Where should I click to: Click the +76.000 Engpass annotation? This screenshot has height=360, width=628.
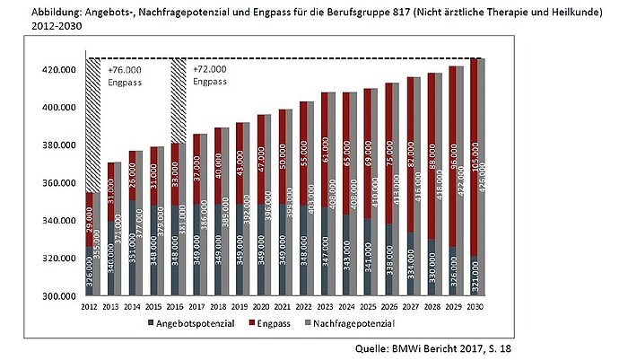pos(124,75)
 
